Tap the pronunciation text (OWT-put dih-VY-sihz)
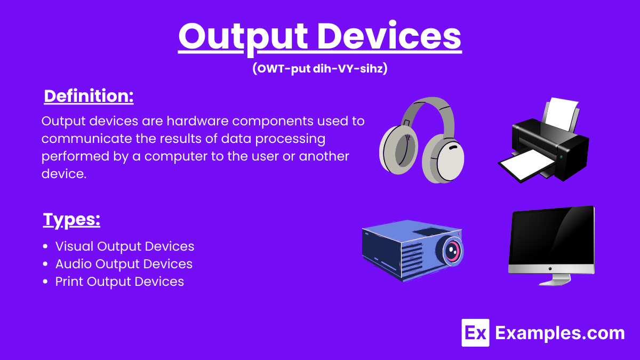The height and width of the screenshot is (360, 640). [x=319, y=69]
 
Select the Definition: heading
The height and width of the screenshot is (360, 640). [x=89, y=97]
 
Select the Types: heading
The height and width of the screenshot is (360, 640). [x=71, y=220]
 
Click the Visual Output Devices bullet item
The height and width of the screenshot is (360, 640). [x=124, y=246]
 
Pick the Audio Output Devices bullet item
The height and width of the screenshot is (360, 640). [x=124, y=264]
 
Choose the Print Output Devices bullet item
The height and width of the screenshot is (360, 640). [x=119, y=282]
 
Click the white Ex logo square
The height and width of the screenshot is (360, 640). [x=475, y=333]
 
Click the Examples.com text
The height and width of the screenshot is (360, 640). [x=559, y=333]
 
